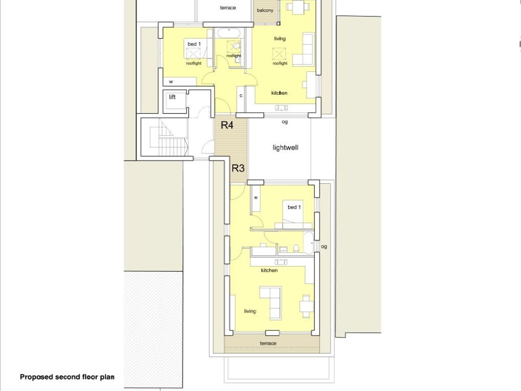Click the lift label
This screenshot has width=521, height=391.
pyautogui.click(x=172, y=97)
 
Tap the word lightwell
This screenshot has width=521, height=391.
pyautogui.click(x=285, y=148)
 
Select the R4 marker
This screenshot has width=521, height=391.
pyautogui.click(x=227, y=125)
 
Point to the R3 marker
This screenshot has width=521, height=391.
pyautogui.click(x=238, y=168)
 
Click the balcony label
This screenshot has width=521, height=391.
pyautogui.click(x=265, y=10)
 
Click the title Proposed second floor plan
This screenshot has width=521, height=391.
pyautogui.click(x=67, y=377)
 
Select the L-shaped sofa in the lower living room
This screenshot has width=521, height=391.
pyautogui.click(x=270, y=303)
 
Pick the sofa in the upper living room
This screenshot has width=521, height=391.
pyautogui.click(x=303, y=49)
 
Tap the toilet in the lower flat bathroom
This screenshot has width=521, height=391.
pyautogui.click(x=296, y=248)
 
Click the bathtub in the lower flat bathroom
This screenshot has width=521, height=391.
pyautogui.click(x=309, y=243)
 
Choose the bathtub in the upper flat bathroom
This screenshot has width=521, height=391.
pyautogui.click(x=229, y=33)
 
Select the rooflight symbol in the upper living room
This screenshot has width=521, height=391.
pyautogui.click(x=279, y=54)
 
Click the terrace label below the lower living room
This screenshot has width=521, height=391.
pyautogui.click(x=268, y=344)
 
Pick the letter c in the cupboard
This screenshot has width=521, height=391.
pyautogui.click(x=241, y=96)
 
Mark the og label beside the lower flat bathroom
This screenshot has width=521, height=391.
pyautogui.click(x=324, y=246)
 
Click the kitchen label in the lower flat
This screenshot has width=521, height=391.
pyautogui.click(x=269, y=270)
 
